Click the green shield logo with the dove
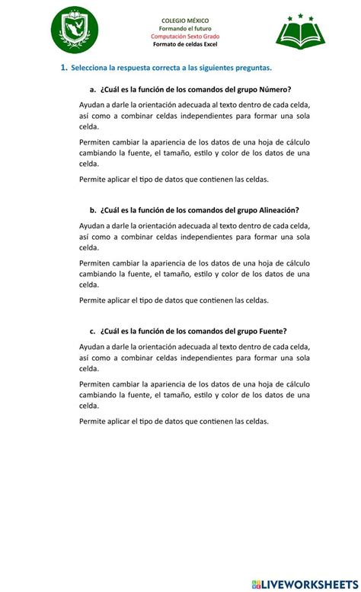coord(74,32)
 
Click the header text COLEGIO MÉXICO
coord(186,21)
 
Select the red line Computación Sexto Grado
coord(186,37)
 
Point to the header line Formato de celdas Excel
coord(186,44)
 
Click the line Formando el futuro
coord(186,28)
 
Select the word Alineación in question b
coord(273,210)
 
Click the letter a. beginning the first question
coord(92,90)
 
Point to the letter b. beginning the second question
coord(92,210)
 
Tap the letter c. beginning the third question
coord(92,331)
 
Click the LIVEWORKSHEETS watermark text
coord(308,583)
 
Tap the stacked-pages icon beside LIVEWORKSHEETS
coord(255,583)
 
